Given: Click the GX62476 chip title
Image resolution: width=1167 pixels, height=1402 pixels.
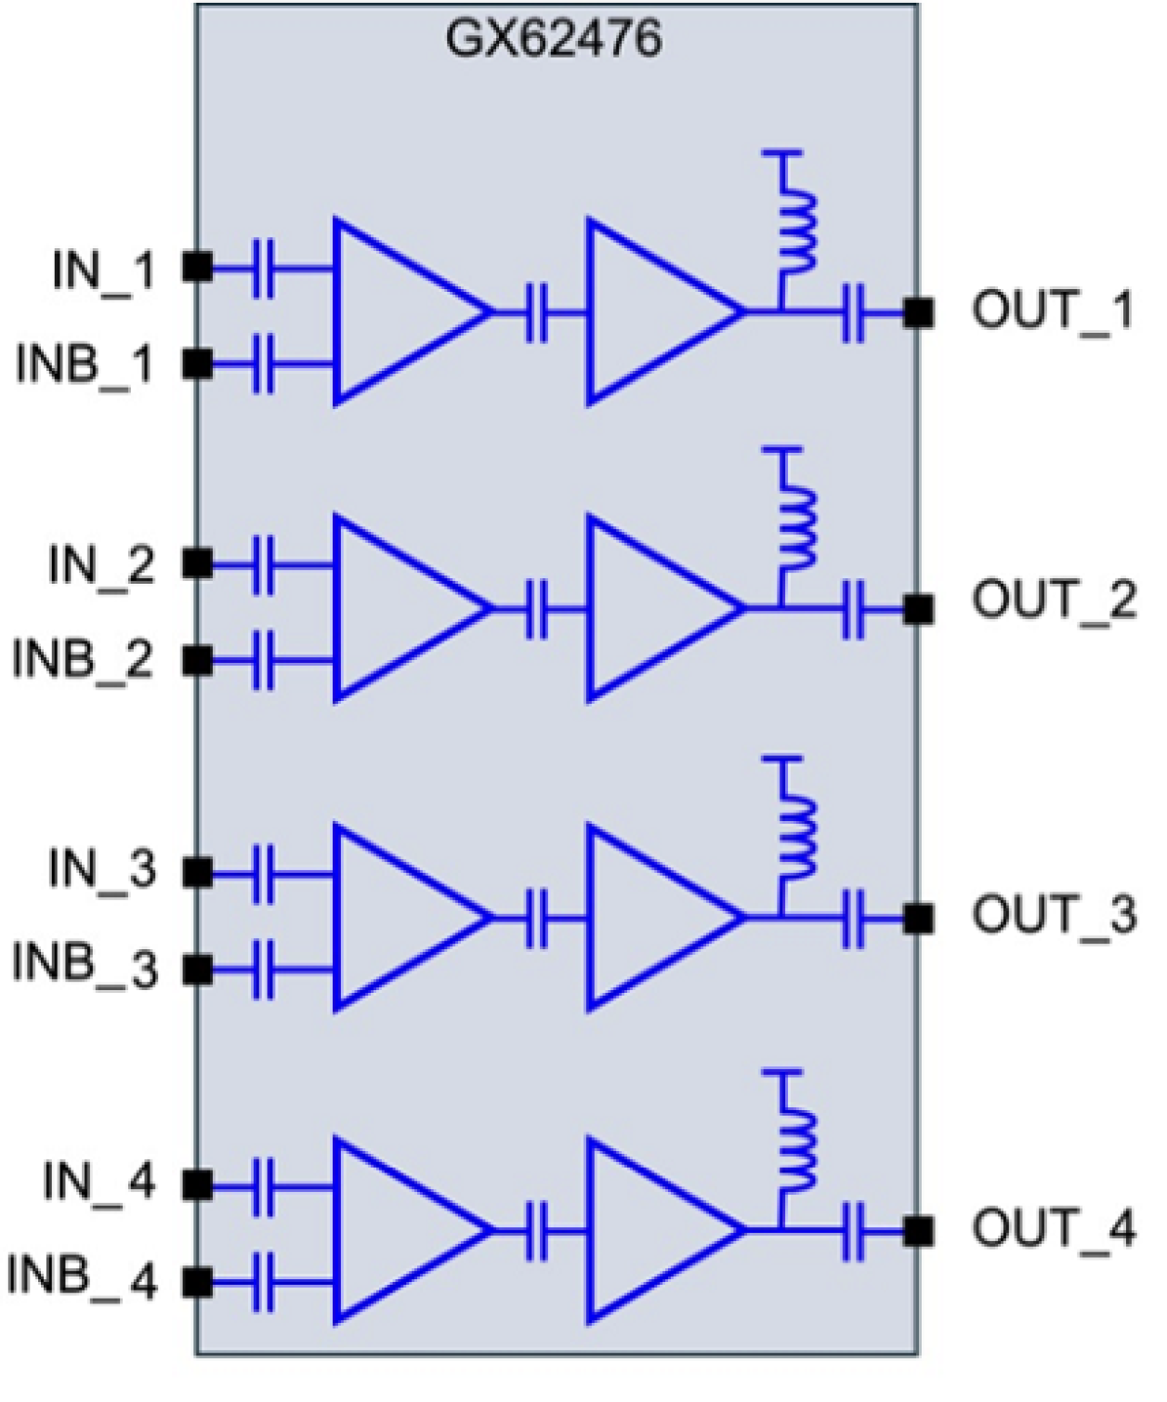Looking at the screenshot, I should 554,39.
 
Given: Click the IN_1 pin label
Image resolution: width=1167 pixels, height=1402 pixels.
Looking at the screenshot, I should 102,271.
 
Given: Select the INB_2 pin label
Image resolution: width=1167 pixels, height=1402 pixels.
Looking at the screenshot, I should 83,659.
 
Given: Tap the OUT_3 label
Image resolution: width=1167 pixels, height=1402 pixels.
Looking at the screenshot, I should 1054,915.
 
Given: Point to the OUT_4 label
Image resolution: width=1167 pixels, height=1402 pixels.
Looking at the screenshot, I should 1054,1228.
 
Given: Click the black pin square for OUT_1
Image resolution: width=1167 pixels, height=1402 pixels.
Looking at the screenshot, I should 918,313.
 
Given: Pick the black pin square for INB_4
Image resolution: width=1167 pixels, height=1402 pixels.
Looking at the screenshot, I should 197,1283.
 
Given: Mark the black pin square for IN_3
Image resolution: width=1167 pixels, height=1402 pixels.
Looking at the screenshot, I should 197,873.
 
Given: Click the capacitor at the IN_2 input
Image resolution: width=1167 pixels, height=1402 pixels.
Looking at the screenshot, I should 264,563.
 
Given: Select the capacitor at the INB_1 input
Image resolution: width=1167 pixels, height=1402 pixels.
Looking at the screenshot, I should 264,364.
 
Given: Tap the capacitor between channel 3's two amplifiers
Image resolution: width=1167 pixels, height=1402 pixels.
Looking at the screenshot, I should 537,919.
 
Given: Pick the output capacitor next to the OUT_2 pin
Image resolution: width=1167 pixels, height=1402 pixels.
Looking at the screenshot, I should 853,610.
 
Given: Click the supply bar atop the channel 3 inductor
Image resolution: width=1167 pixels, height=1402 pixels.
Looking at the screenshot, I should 782,761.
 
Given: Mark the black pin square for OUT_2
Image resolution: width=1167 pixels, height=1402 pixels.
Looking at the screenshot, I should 918,610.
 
